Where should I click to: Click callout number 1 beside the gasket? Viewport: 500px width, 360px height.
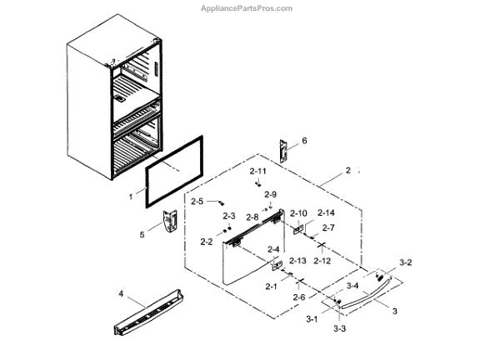[x=131, y=197]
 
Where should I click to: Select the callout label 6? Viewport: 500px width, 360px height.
[x=304, y=141]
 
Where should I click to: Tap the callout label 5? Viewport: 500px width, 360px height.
[x=142, y=235]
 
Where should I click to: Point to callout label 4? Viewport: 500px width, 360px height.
[x=121, y=294]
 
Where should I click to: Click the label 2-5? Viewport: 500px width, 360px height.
[x=197, y=202]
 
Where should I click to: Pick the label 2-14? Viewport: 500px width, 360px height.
[x=326, y=212]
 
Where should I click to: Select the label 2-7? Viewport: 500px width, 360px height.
[x=327, y=227]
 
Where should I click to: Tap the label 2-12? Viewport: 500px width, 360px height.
[x=322, y=261]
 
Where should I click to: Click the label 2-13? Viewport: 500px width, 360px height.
[x=297, y=261]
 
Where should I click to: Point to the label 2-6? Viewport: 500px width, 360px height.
[x=298, y=297]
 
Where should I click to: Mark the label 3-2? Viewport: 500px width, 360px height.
[x=406, y=262]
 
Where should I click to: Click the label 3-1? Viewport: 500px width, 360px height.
[x=312, y=318]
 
